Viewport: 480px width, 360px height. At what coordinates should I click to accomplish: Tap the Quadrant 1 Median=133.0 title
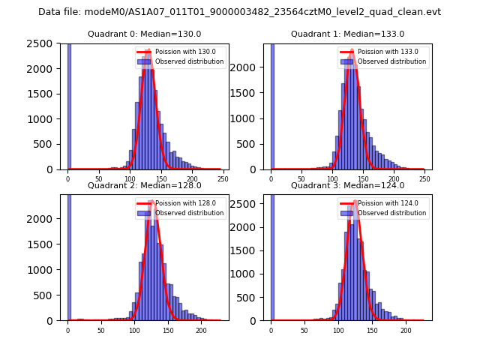(347, 34)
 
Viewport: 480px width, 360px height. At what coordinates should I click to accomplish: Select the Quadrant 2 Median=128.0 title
(144, 185)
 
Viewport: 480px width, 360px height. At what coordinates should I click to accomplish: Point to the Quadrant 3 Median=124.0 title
(347, 185)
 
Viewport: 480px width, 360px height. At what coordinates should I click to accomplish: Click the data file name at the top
(239, 12)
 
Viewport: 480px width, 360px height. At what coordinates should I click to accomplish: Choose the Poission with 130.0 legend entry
(180, 52)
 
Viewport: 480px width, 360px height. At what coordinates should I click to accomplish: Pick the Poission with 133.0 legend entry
(382, 52)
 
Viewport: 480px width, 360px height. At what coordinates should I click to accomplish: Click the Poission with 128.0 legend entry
(180, 203)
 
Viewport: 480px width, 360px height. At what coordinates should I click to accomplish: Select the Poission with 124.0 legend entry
(382, 203)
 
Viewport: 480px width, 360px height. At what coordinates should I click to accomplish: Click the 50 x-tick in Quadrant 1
(301, 179)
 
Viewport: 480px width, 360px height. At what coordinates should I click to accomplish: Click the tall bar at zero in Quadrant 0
(69, 105)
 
